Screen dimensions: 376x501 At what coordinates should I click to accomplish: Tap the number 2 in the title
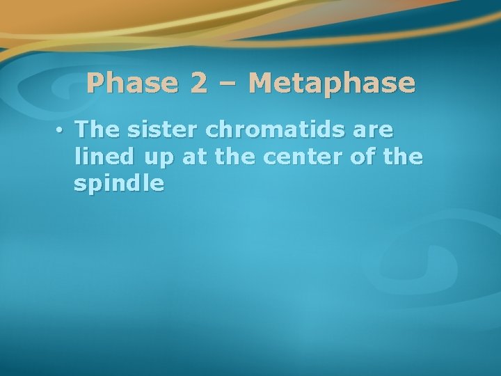[198, 84]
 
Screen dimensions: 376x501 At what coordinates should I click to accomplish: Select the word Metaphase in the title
[331, 84]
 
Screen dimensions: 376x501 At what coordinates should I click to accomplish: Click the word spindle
[118, 184]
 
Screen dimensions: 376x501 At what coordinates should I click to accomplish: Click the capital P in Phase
[95, 84]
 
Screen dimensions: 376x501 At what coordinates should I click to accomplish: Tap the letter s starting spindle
[79, 185]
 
